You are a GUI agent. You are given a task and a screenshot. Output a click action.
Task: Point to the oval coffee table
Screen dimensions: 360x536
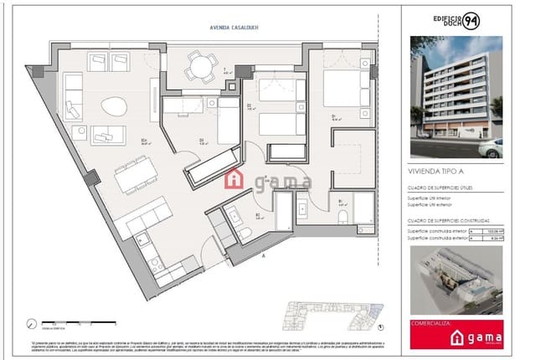[115, 107]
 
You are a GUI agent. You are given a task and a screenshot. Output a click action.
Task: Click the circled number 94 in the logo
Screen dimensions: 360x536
[495, 21]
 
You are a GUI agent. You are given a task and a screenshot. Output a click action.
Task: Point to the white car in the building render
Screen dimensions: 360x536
[490, 149]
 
